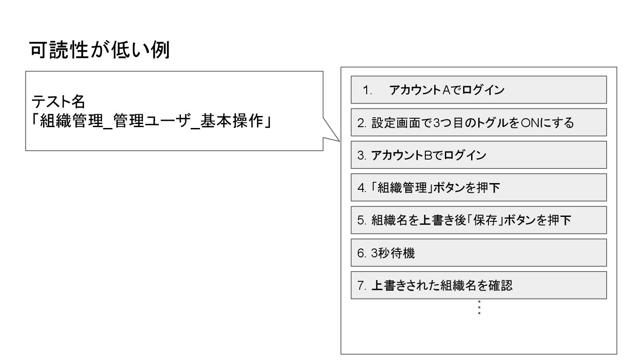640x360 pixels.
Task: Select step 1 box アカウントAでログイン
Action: coord(479,90)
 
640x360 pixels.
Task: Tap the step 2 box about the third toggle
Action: coord(479,122)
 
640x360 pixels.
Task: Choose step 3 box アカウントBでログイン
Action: coord(479,155)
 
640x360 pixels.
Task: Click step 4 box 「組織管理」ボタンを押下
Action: coord(479,188)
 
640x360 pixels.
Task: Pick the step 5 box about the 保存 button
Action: coord(479,220)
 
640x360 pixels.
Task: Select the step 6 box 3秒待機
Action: coord(479,252)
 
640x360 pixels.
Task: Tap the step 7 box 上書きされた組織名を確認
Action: coord(479,285)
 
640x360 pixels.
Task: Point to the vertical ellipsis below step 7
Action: coord(479,308)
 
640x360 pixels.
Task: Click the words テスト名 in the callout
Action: coord(58,102)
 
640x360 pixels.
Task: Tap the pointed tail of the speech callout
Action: coord(335,139)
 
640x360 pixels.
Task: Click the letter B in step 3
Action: coord(428,156)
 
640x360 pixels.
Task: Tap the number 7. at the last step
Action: coord(361,285)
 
